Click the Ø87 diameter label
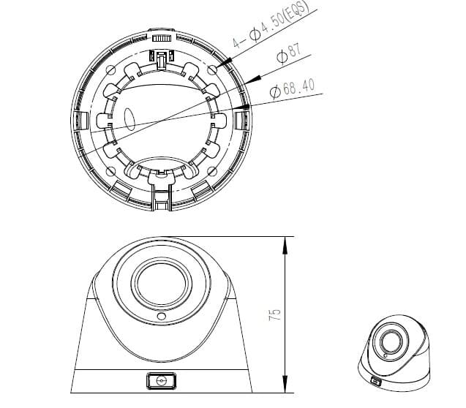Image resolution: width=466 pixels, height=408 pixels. point(289,55)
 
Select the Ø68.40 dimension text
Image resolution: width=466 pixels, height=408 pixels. point(293,88)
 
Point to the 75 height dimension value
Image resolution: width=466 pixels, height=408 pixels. point(274,315)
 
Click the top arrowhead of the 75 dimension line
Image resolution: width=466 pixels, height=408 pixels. point(284,240)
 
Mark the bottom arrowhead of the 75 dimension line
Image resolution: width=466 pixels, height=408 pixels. point(284,391)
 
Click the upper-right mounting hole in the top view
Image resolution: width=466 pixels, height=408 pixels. point(213,69)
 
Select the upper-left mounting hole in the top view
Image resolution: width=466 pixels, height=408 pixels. point(110,69)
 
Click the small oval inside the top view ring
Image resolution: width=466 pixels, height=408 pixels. point(131,119)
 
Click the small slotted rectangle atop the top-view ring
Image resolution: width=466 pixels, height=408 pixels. point(162,36)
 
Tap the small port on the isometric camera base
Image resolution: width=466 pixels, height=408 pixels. point(375,381)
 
